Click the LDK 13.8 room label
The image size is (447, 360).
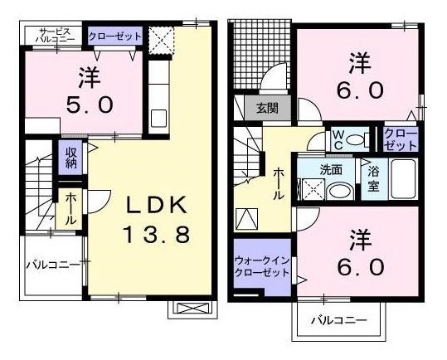coord(157,220)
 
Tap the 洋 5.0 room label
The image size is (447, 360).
coord(90,90)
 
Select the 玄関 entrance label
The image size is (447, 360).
coord(267,108)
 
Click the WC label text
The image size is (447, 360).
coord(338,139)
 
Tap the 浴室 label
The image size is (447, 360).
coord(373,178)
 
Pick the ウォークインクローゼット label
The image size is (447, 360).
coord(262,266)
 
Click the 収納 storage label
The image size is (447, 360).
coord(70,158)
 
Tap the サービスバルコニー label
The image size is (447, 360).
coord(55,35)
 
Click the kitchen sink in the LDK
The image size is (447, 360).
coord(158,118)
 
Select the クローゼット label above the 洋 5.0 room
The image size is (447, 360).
coord(115,36)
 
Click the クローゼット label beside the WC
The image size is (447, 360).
coord(401,139)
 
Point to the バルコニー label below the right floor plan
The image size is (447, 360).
coord(339,321)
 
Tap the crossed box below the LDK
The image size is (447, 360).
coord(192,309)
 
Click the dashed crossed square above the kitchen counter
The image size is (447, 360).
coord(162,40)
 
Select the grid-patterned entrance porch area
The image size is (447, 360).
coord(262,54)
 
